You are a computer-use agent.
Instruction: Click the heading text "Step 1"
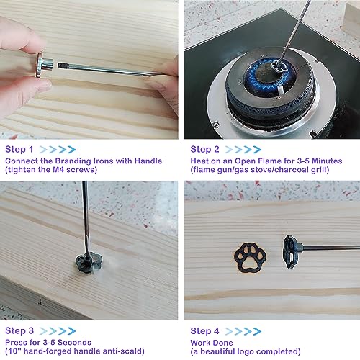click(x=19, y=149)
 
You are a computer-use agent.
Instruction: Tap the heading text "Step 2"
click(x=204, y=149)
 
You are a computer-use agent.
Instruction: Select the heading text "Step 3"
click(x=19, y=330)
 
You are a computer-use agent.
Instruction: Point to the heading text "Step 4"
click(x=204, y=331)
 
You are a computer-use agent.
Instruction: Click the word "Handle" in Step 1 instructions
click(x=148, y=161)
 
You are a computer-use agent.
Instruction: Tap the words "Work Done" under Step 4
click(x=212, y=343)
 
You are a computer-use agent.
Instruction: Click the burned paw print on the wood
click(x=250, y=257)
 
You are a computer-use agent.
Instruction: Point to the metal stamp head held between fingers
click(x=45, y=65)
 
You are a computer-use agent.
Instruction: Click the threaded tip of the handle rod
click(x=63, y=66)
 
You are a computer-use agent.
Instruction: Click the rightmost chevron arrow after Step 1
click(x=71, y=150)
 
